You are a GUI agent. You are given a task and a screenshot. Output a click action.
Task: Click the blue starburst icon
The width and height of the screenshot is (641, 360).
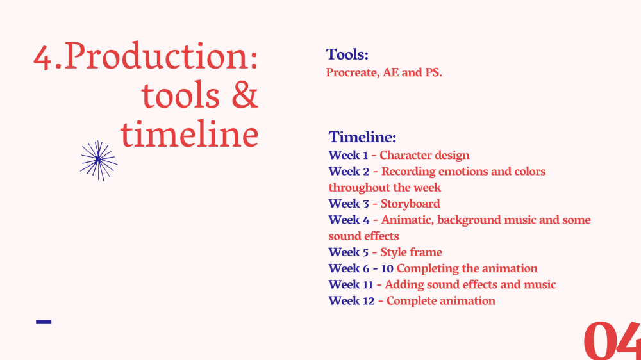99,160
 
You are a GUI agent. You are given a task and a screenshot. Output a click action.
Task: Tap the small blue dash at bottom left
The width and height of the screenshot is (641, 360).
44,322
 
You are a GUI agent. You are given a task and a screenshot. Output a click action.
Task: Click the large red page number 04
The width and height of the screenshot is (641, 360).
612,340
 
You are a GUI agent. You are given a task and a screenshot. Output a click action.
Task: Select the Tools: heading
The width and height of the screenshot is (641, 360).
347,54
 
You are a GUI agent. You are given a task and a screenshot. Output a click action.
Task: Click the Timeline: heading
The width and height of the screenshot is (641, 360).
362,137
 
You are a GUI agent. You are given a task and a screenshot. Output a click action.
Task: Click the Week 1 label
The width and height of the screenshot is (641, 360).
348,155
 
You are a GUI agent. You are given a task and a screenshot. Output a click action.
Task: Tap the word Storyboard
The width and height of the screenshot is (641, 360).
410,204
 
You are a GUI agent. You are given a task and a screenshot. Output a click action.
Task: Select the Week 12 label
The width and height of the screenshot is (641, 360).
351,301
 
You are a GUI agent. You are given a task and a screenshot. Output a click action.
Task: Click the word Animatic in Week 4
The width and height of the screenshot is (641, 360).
407,220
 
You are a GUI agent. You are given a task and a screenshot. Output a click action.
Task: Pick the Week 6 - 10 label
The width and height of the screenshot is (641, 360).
361,268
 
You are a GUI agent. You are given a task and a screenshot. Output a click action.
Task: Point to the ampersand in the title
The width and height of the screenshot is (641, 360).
244,95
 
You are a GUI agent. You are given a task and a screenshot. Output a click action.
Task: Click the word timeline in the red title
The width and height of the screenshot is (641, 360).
189,134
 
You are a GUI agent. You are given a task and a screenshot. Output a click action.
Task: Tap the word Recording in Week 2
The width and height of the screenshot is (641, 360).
408,172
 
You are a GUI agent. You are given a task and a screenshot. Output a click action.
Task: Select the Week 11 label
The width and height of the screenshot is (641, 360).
351,284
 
